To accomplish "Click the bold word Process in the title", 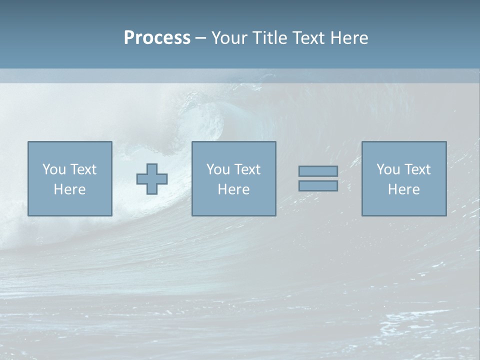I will (x=157, y=38).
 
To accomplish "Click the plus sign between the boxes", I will (x=152, y=179).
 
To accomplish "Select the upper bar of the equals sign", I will (x=318, y=171).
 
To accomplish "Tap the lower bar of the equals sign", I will (x=318, y=186).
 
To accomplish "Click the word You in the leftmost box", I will (x=53, y=169).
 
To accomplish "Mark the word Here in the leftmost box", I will (x=69, y=189).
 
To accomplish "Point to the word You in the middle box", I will (x=217, y=169).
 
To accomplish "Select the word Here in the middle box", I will (x=233, y=189).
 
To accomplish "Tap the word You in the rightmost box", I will (x=387, y=169).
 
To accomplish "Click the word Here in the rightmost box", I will (x=403, y=189).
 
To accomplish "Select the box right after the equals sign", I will (x=404, y=205).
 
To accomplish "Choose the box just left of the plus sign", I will (x=70, y=205).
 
